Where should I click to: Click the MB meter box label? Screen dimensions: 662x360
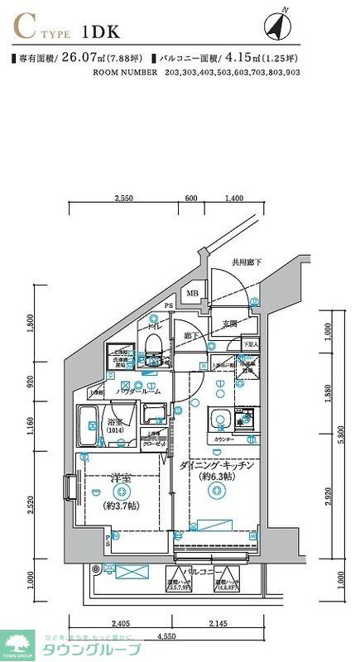click(191, 293)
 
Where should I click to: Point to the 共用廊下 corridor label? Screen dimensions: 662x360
click(246, 262)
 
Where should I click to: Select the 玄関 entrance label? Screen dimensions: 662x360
click(229, 324)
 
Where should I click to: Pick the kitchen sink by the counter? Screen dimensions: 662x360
click(219, 418)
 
